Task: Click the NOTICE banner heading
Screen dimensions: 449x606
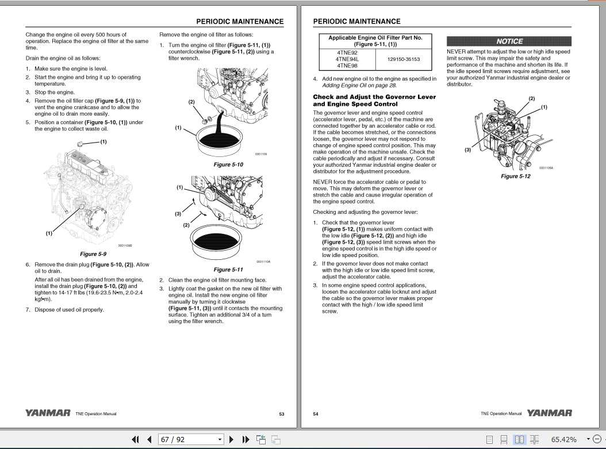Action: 509,41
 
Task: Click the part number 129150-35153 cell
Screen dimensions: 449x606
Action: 403,59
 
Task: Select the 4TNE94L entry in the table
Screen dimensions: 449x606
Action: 347,59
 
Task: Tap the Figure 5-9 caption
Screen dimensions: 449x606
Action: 93,254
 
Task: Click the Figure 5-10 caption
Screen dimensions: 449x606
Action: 228,164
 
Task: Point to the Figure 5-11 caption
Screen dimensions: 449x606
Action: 228,269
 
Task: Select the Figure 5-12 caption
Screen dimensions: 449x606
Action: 515,176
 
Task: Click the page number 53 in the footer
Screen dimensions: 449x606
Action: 281,413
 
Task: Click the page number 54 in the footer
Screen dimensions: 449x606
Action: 316,413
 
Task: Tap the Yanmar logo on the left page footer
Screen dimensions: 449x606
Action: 48,413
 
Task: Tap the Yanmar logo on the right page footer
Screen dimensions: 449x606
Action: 549,413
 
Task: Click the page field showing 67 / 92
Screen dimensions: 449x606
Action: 190,439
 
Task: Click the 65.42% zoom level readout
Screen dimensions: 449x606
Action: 563,439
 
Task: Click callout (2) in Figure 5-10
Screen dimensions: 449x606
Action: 191,102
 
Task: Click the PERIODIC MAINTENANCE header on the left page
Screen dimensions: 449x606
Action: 240,22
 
